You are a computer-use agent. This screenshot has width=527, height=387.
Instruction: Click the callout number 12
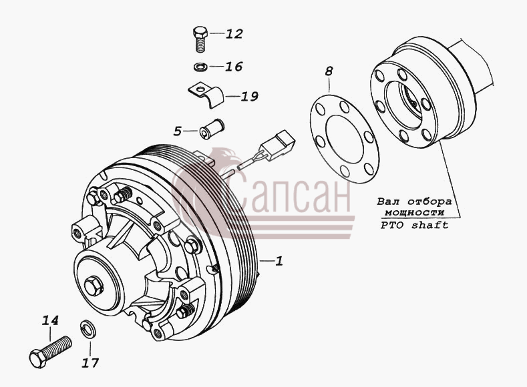coord(234,34)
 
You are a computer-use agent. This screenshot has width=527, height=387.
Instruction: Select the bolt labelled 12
coord(200,39)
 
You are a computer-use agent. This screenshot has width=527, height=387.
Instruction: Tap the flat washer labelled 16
coord(200,67)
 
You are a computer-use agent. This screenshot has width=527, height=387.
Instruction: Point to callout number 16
coord(234,67)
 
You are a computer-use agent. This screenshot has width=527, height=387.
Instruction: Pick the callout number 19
coord(249,97)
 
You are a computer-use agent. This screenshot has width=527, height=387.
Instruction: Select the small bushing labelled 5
coord(212,128)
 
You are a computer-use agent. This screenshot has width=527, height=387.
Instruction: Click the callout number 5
coord(178,131)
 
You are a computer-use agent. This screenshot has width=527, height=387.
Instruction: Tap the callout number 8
coord(329,71)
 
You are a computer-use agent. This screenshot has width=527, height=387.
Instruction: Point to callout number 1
coord(279,261)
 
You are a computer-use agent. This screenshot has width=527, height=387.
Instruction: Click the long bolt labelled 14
coord(50,352)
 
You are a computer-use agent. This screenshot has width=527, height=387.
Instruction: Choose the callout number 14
coord(50,320)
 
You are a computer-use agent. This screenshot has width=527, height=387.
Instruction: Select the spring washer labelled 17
coord(89,329)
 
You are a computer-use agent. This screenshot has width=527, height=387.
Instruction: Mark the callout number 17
coord(90,363)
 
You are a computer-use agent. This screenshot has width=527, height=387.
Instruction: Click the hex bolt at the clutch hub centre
coord(94,286)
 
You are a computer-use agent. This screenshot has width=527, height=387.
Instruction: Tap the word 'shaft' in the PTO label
coord(430,225)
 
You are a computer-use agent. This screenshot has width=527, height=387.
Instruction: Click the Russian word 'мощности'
coord(414,213)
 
